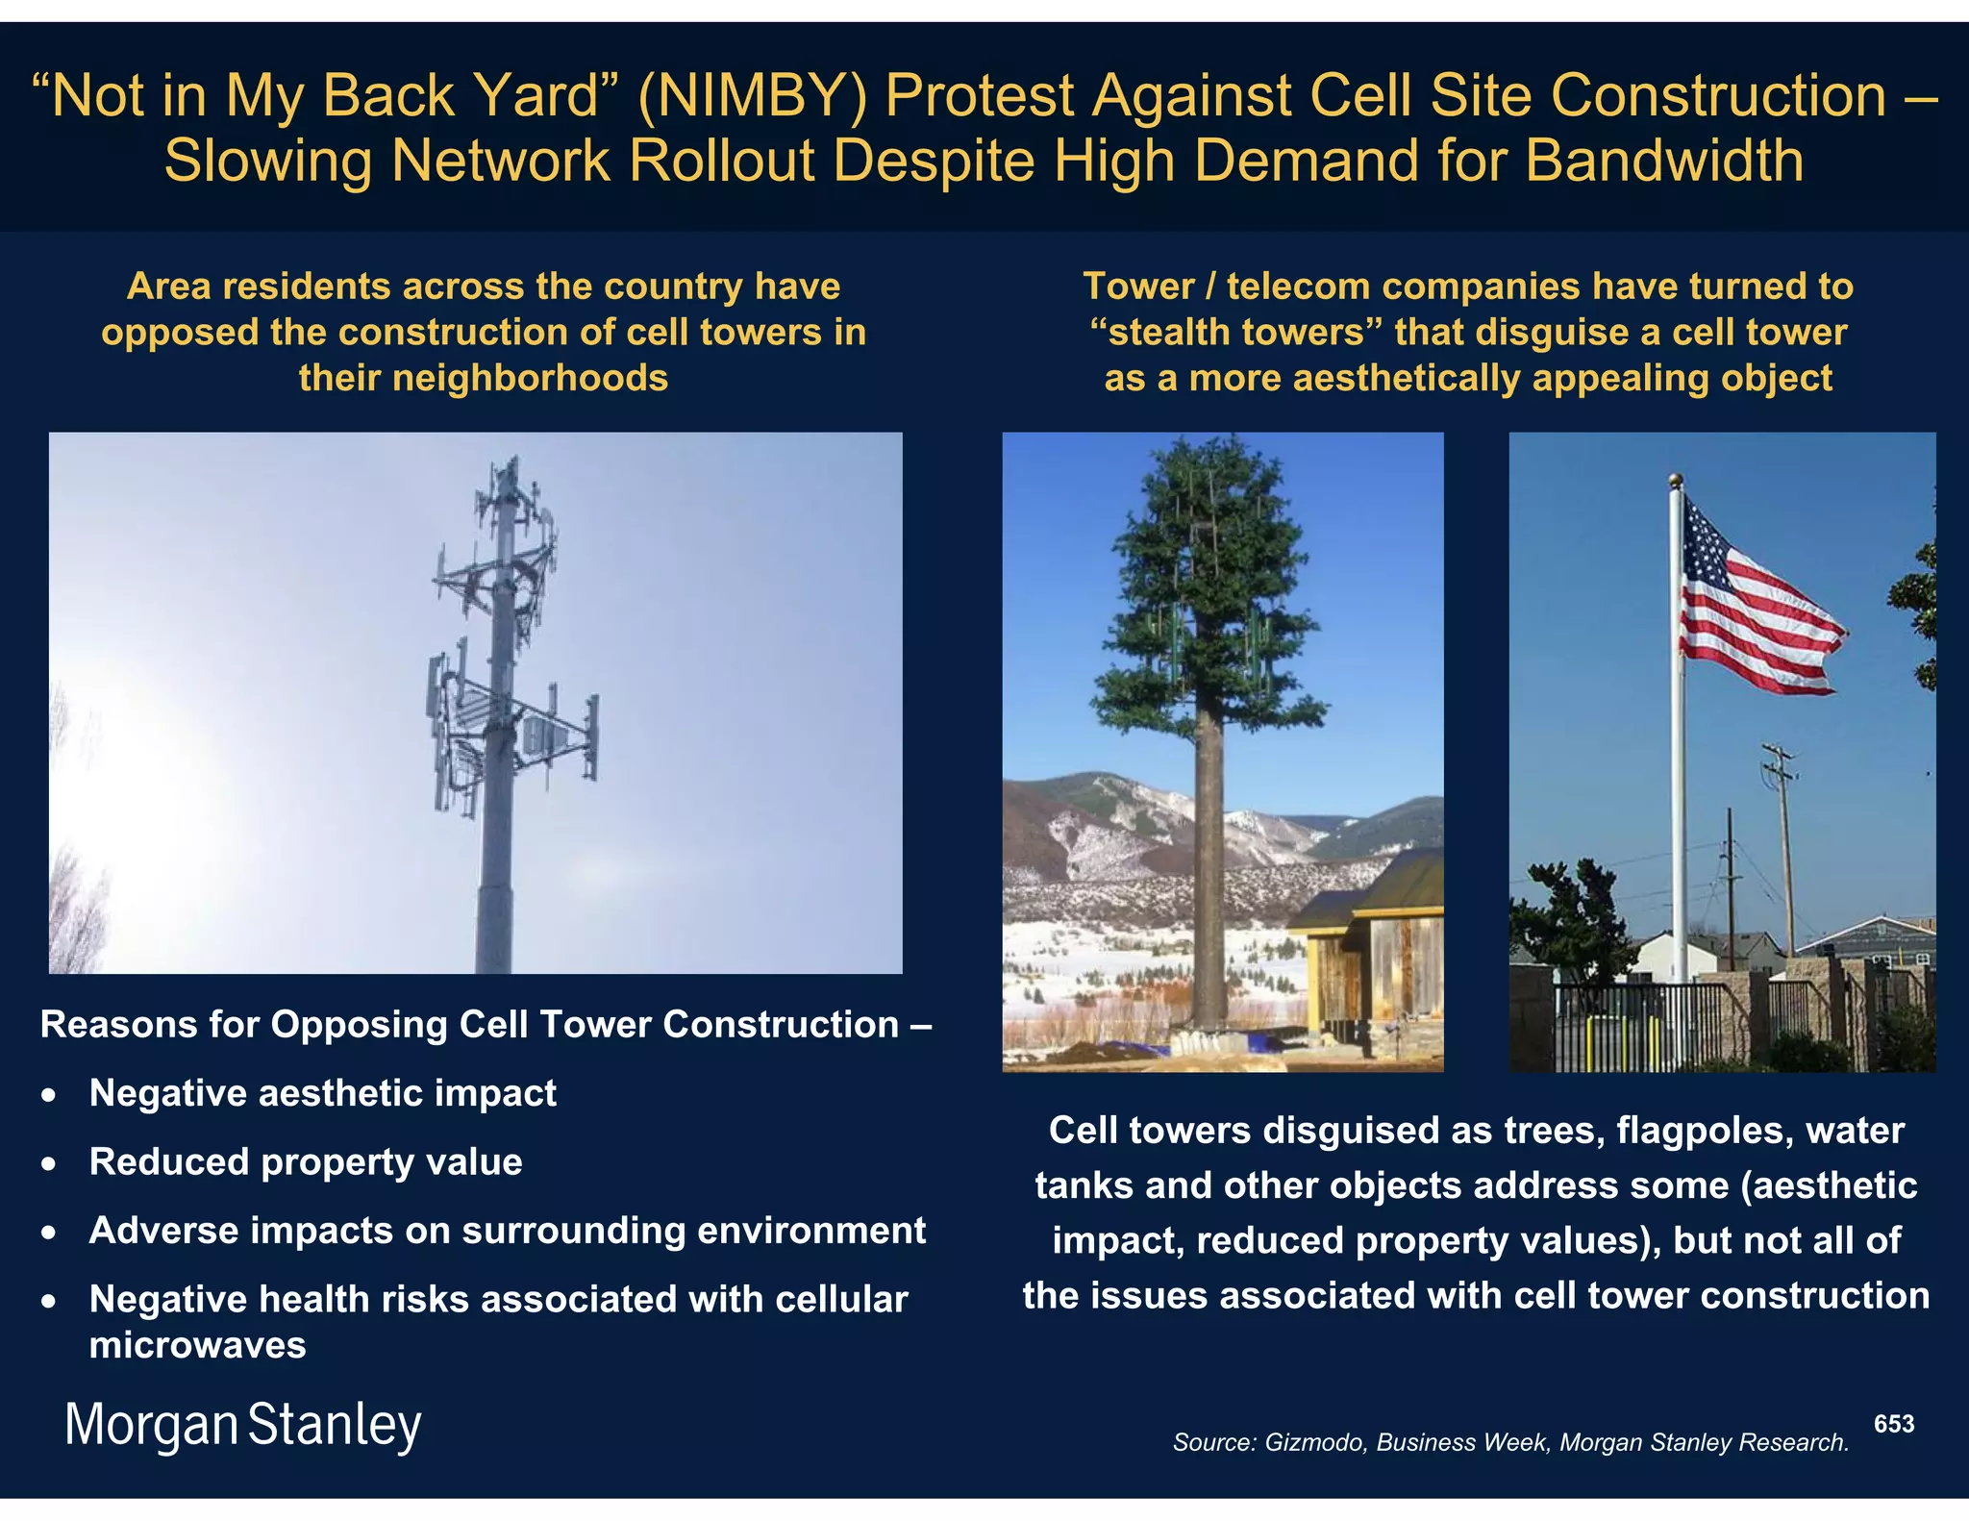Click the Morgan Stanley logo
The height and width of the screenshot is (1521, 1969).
tap(242, 1425)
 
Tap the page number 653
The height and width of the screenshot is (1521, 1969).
tap(1893, 1424)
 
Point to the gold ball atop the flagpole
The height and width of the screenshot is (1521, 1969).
tap(1676, 479)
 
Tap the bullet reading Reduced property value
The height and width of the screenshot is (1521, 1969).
tap(306, 1162)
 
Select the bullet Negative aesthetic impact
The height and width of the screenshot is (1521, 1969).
tap(322, 1093)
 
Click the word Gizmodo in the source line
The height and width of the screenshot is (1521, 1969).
tap(1314, 1442)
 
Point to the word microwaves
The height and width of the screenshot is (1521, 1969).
tap(197, 1345)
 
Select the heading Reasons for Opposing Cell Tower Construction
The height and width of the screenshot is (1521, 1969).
tap(486, 1025)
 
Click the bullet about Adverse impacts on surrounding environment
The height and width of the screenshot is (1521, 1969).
tap(507, 1232)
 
